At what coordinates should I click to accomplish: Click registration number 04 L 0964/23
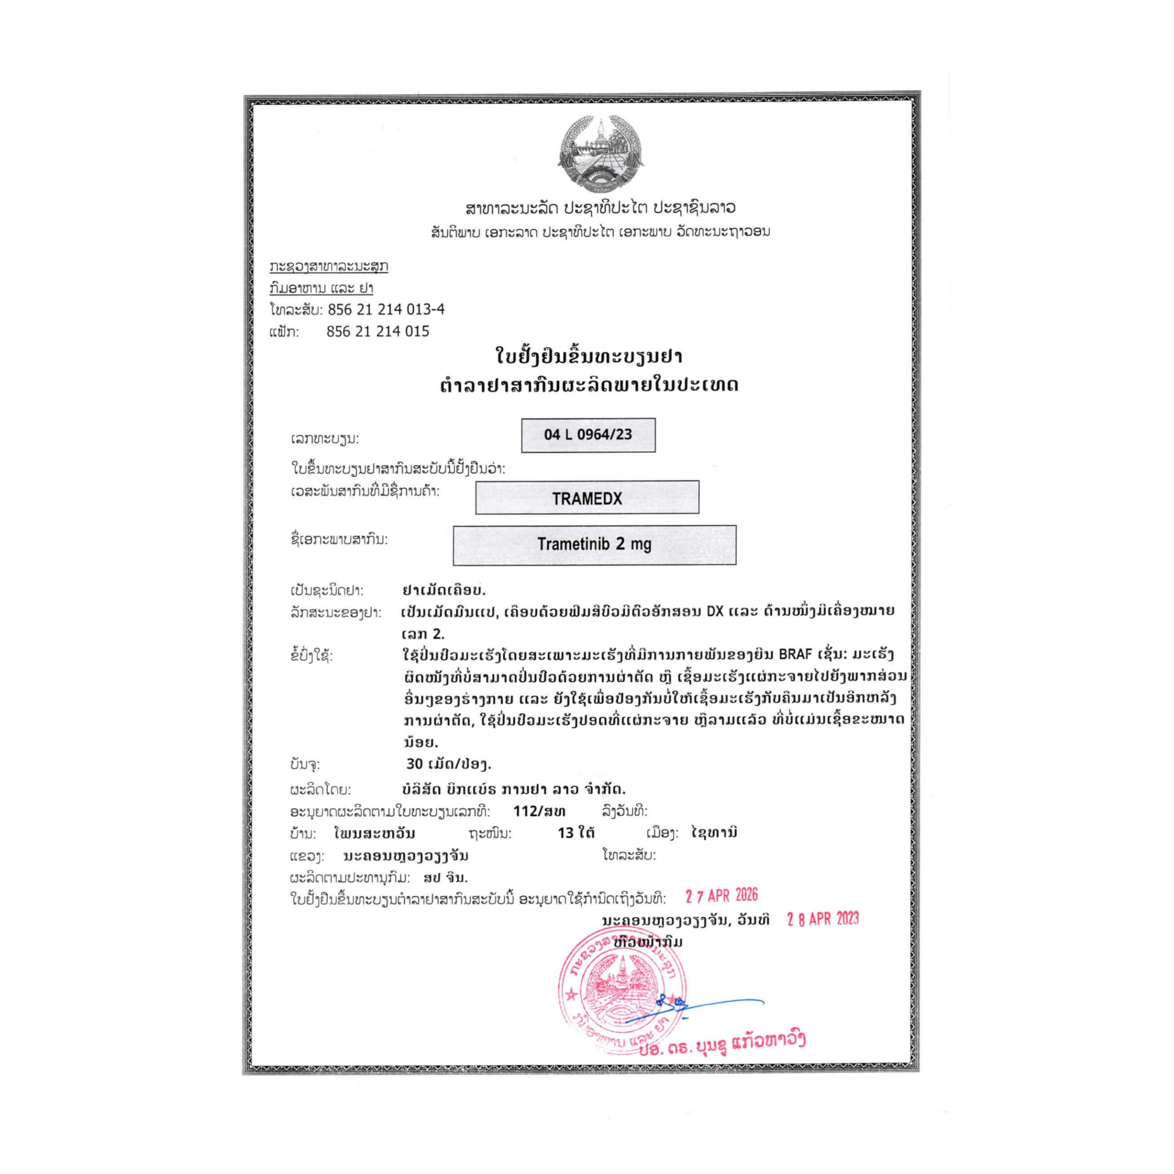click(587, 434)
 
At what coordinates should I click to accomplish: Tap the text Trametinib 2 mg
click(594, 544)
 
